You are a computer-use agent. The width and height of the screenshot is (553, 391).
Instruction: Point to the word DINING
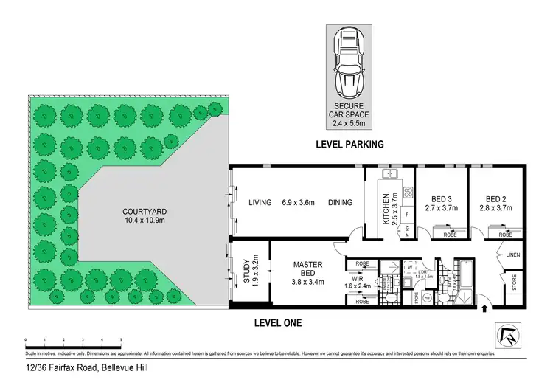coord(340,202)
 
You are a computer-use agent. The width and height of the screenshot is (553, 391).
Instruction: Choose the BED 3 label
coord(439,198)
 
